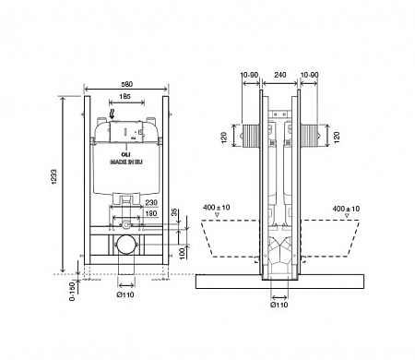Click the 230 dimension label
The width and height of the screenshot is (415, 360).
pos(150,204)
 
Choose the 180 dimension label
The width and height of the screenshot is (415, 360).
pos(149,213)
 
